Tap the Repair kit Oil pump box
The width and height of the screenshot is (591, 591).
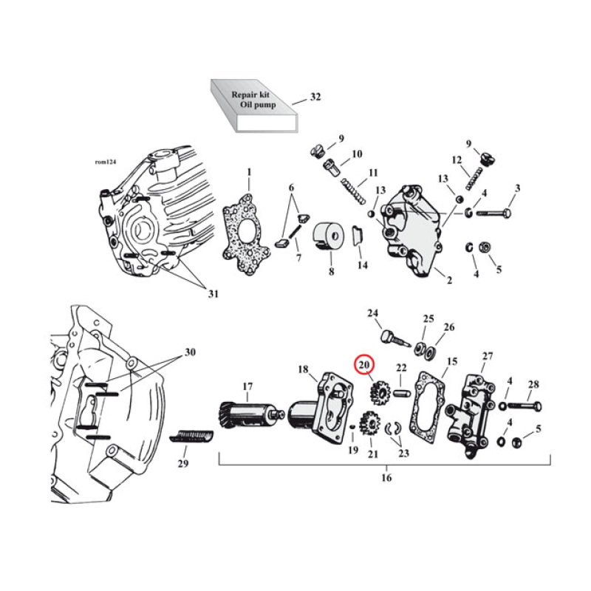(x=251, y=106)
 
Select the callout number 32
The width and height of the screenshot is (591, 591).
(x=315, y=98)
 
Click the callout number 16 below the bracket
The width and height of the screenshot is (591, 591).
(x=386, y=478)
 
